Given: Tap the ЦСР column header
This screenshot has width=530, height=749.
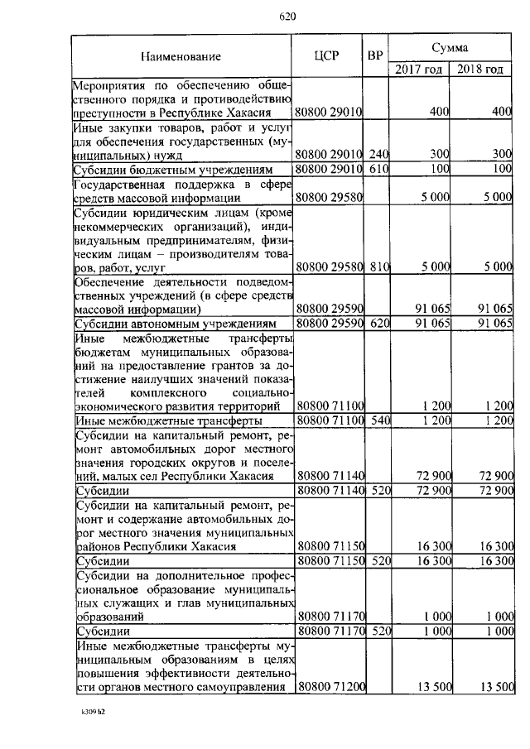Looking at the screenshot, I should [329, 56].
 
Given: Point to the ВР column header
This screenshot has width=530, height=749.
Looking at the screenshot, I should [375, 56].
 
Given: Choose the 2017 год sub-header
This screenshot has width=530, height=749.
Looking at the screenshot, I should [418, 70].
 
